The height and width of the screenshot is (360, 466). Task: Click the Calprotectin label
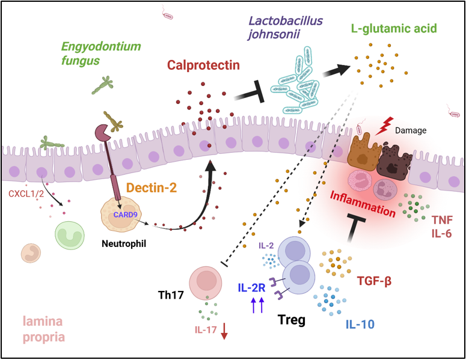coord(204,64)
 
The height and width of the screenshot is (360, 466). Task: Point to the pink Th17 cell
coord(207,281)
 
